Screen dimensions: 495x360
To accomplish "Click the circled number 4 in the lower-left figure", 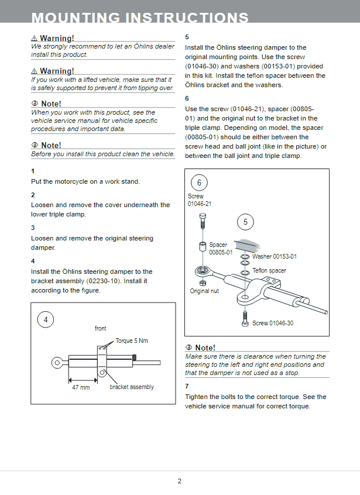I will [45, 319].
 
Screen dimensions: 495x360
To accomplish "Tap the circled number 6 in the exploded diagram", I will [198, 183].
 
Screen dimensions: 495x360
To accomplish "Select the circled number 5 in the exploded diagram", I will [245, 222].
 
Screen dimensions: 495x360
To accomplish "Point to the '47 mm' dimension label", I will [81, 387].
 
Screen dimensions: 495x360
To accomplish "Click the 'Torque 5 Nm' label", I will [132, 341].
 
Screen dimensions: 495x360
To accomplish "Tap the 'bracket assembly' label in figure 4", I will [132, 387].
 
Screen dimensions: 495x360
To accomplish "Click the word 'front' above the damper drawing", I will [101, 329].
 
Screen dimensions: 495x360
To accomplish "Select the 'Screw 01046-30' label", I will [273, 323].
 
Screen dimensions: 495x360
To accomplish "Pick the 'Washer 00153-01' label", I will [274, 256].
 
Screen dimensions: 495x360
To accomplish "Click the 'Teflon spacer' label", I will [269, 271].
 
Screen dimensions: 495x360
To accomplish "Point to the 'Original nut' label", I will [204, 291].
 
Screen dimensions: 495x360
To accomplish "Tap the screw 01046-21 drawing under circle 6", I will [202, 221].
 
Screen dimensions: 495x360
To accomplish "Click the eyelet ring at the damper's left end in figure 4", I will [57, 362].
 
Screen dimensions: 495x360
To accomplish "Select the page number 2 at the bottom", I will [180, 481].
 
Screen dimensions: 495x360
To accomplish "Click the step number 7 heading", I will [187, 386].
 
